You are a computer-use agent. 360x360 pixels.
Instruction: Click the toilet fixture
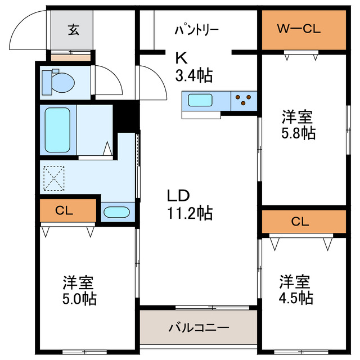pos(58,82)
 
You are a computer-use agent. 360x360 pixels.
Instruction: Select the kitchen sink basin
pos(200,101)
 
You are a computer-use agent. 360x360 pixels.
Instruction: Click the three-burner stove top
pos(243,100)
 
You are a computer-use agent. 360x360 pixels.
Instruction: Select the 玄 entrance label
pos(74,30)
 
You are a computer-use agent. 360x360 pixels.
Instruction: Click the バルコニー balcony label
pos(199,327)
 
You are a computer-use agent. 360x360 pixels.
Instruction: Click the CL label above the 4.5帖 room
pos(300,221)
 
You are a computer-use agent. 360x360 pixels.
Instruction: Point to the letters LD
pos(179,196)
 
